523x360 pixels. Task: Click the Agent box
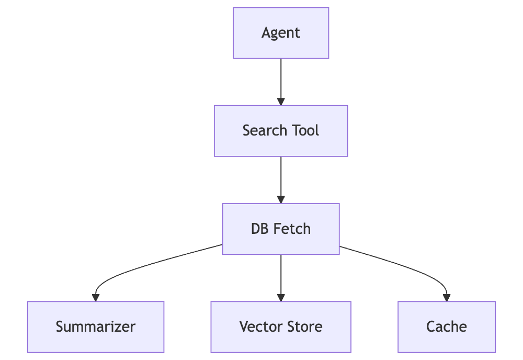coord(281,32)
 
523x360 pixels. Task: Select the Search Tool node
coord(281,131)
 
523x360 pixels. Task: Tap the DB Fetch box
coord(281,229)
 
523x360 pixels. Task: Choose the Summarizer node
coord(96,327)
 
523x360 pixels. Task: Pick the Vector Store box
coord(281,327)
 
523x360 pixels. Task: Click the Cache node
coord(447,327)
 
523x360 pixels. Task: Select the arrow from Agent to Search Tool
coord(281,78)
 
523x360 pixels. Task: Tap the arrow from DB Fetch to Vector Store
coord(281,275)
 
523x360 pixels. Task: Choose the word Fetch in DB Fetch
coord(292,229)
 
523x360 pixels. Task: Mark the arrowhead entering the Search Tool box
coord(281,102)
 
